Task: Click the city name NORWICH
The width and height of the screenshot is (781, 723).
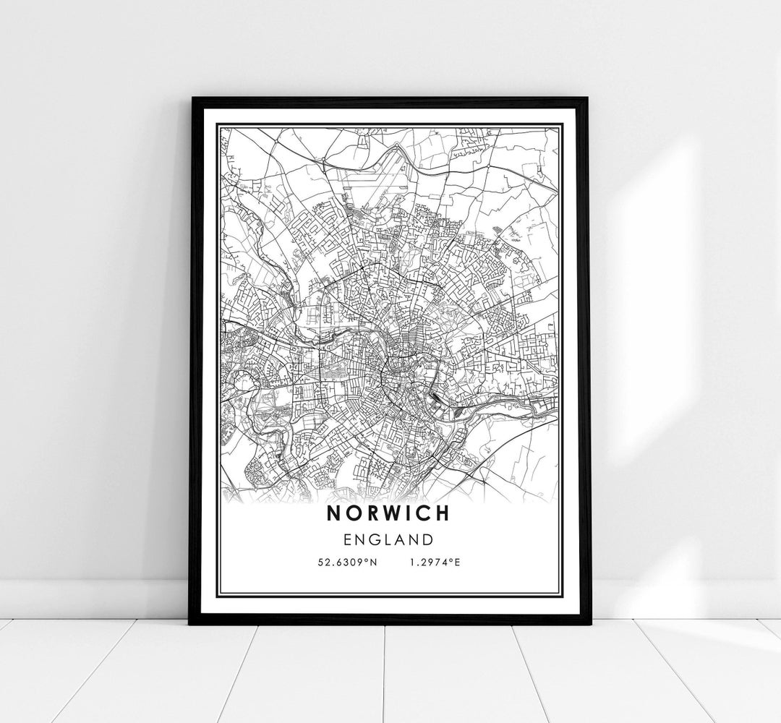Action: click(x=388, y=513)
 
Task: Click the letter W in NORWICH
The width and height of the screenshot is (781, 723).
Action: click(x=388, y=513)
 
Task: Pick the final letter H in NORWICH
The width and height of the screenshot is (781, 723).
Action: click(x=441, y=513)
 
